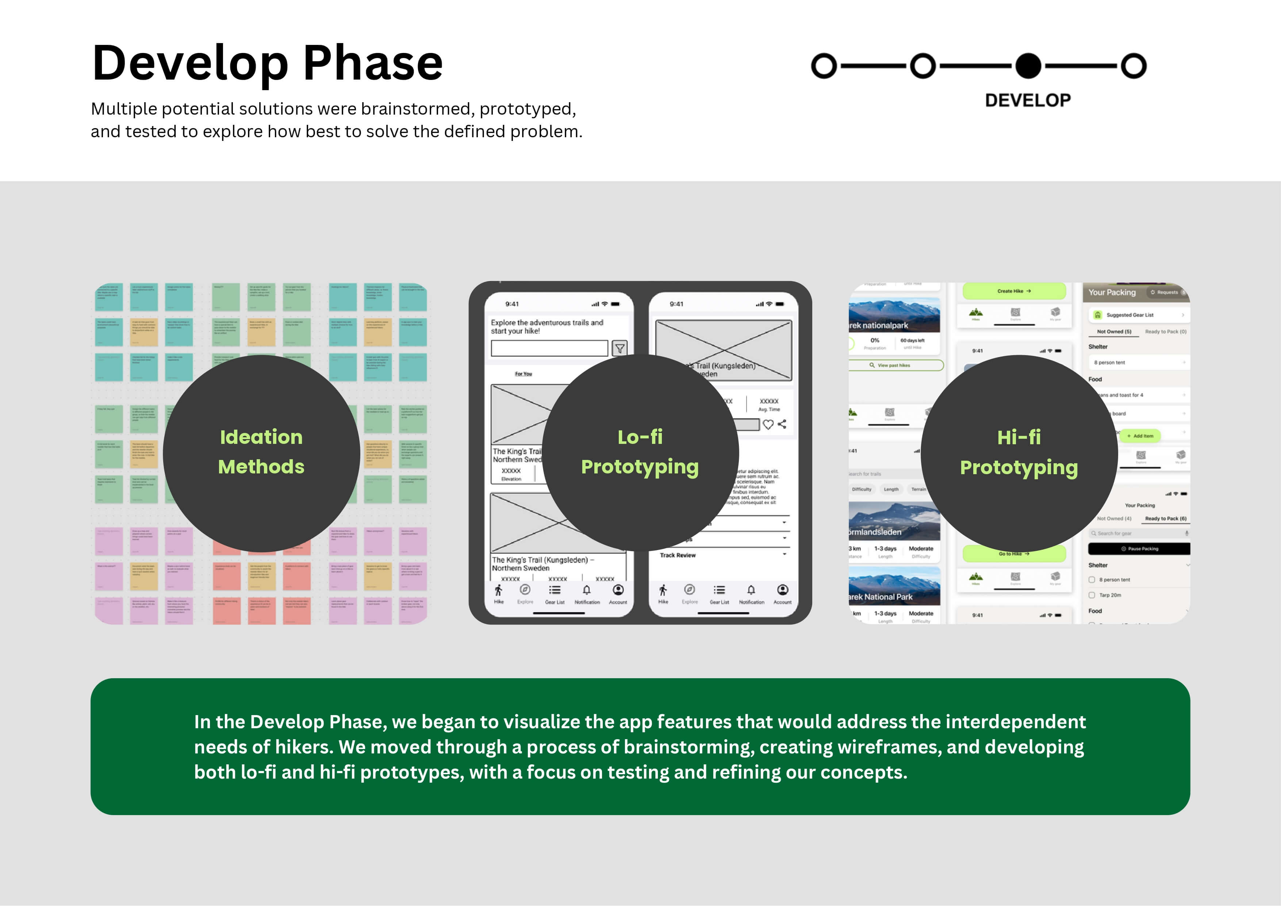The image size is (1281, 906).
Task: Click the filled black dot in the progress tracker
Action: click(x=1028, y=66)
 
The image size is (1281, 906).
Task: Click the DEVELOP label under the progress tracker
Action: click(x=1028, y=100)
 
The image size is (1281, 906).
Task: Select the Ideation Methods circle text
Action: click(x=261, y=452)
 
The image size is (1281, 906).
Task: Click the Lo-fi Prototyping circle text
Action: click(x=640, y=452)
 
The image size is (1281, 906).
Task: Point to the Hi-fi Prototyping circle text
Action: click(x=1019, y=452)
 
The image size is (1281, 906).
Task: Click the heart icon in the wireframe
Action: click(x=768, y=425)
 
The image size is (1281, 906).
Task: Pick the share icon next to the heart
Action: click(x=782, y=424)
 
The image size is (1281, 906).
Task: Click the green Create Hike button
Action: click(x=1014, y=291)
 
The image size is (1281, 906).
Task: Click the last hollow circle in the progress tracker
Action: click(x=1134, y=66)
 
